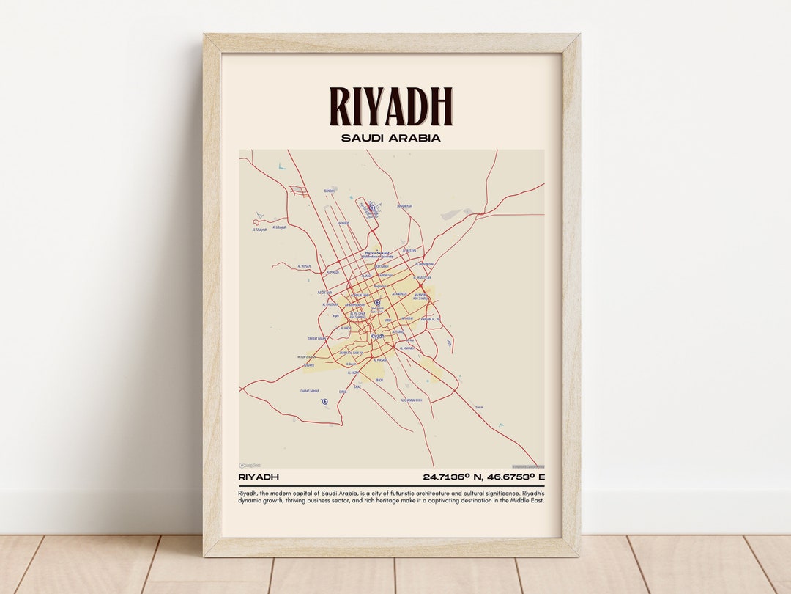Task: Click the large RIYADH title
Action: coord(391,106)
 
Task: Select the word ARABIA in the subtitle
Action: coord(415,138)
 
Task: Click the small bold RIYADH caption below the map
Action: coord(259,477)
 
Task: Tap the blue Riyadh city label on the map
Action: coord(377,336)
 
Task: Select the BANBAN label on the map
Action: coord(330,191)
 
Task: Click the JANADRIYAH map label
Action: coord(404,206)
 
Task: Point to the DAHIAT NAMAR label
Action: coord(310,391)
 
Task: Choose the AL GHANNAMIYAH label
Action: coord(411,400)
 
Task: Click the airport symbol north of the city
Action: coord(371,208)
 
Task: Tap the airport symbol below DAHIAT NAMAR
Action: coord(324,401)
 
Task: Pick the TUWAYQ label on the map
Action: coord(308,364)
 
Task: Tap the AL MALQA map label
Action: coord(333,272)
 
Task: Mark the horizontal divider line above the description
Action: coord(391,485)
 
